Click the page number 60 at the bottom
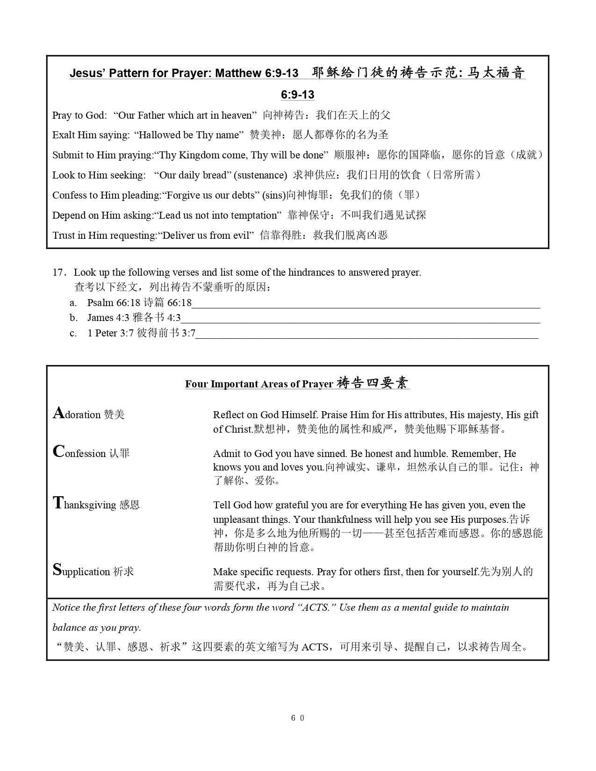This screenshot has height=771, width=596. click(298, 718)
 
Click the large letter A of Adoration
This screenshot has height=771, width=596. click(58, 413)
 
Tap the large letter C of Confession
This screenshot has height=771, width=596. click(58, 452)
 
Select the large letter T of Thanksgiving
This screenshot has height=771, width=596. click(58, 503)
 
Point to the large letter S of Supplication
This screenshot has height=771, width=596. click(57, 570)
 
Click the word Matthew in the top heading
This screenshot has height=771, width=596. click(239, 73)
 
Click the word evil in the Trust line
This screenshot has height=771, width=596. click(243, 236)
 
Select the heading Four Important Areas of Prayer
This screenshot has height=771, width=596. click(259, 384)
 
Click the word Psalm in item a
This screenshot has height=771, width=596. click(100, 303)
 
